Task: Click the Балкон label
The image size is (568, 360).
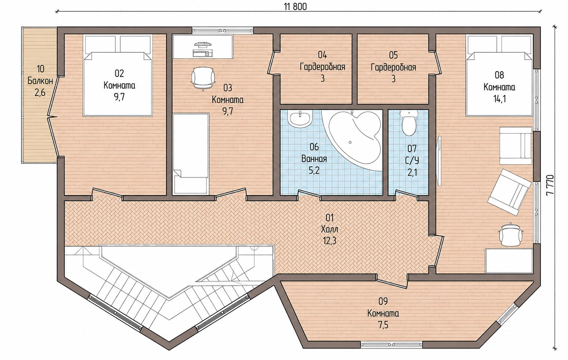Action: point(40,81)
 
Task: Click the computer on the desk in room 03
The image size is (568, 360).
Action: point(203,49)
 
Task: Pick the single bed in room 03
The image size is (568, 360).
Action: point(191,154)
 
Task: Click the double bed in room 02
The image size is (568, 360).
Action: point(118,76)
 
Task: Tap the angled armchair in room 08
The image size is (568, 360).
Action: point(509,192)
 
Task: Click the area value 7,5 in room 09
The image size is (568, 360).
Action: point(383,325)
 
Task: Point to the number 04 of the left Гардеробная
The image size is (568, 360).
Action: point(322,55)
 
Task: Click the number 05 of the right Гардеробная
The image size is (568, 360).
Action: point(393,55)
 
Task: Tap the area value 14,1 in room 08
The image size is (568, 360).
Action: point(499,99)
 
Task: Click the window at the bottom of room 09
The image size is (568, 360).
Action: point(392,344)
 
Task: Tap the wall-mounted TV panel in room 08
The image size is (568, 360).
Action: point(439,159)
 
